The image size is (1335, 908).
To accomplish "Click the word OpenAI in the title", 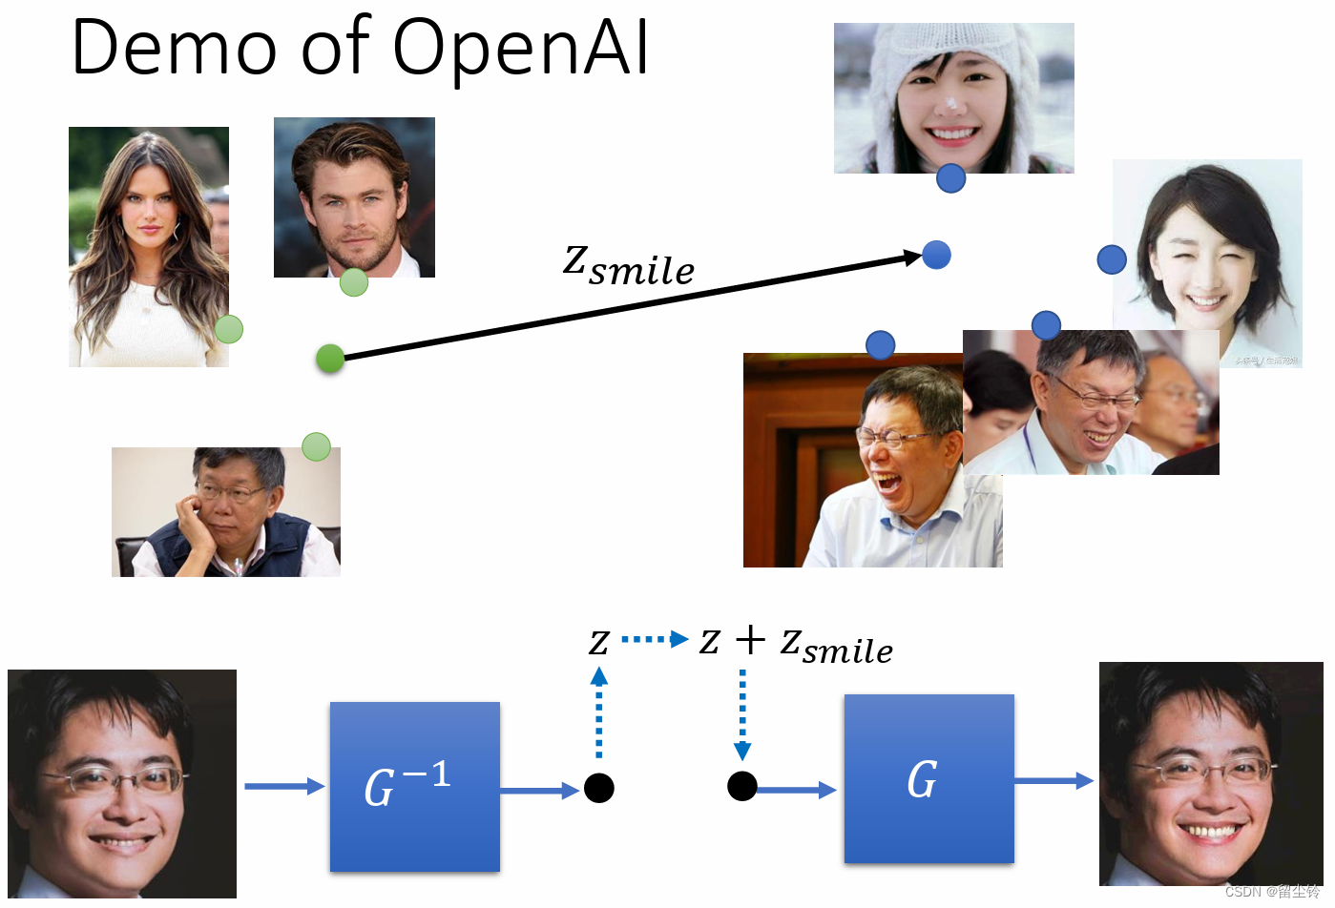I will (521, 48).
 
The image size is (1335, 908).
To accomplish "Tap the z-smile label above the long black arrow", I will (629, 264).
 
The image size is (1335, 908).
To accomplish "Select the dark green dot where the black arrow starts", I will (330, 359).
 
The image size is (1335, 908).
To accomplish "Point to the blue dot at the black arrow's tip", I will (936, 255).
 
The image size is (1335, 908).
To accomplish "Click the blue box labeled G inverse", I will (415, 787).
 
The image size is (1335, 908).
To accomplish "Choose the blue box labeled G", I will (928, 779).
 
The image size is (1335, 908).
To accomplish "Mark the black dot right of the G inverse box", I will (599, 788).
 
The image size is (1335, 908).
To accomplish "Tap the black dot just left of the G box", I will (742, 786).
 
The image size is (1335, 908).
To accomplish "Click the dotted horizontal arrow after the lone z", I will (655, 639).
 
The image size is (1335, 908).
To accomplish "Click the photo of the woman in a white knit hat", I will (953, 98).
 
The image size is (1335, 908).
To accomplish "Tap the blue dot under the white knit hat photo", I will (950, 178).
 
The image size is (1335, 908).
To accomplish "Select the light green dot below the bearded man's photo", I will (354, 282).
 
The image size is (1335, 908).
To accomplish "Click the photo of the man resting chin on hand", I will (225, 512).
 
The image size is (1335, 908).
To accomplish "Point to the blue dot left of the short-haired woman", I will (1112, 259).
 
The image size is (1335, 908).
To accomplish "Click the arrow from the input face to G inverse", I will (284, 786).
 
